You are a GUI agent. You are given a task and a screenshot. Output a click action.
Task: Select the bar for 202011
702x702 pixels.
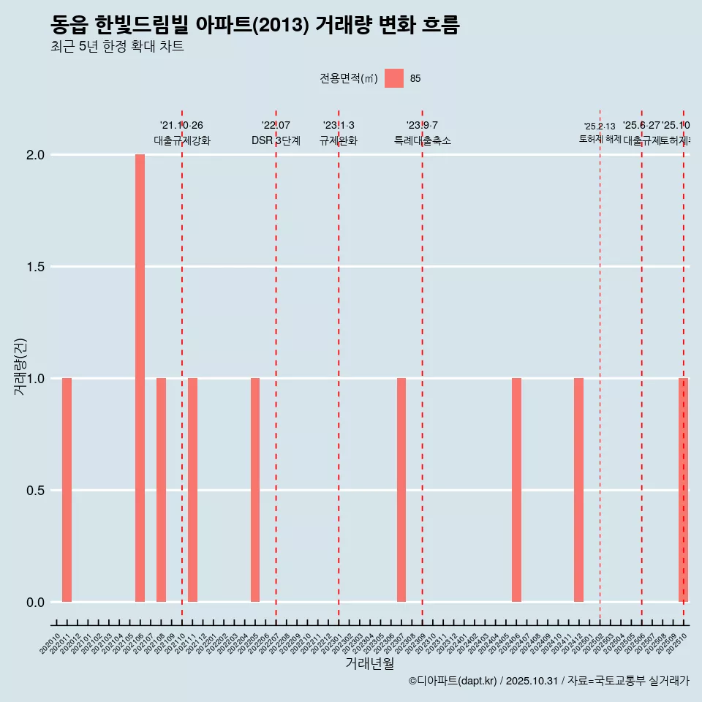(67, 490)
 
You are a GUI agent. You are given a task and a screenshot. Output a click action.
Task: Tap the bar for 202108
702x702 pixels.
(161, 490)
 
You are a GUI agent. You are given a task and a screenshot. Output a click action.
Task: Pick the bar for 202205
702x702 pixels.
(255, 490)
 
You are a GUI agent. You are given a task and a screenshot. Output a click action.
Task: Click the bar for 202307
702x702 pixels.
(401, 490)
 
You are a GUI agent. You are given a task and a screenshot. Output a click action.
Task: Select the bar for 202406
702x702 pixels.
(516, 490)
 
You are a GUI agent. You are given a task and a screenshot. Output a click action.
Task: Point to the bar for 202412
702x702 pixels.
(578, 490)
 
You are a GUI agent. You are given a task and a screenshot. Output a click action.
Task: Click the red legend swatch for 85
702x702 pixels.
(394, 78)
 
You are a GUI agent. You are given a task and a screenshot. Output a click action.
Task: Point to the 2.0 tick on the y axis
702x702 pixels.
(36, 155)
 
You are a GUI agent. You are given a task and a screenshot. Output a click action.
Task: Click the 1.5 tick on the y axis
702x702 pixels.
(36, 267)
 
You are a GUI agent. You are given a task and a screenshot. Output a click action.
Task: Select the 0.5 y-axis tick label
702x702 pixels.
(36, 491)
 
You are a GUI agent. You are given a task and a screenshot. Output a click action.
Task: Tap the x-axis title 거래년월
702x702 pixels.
(369, 664)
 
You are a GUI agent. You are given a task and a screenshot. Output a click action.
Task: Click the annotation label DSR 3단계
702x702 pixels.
(276, 140)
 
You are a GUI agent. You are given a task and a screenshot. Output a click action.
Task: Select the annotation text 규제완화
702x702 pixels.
(339, 140)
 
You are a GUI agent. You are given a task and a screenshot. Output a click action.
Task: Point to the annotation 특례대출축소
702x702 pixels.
(423, 140)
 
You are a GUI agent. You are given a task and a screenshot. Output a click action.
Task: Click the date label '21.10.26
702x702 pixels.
(181, 125)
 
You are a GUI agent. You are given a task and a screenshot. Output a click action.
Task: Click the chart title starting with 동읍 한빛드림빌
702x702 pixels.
(254, 26)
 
